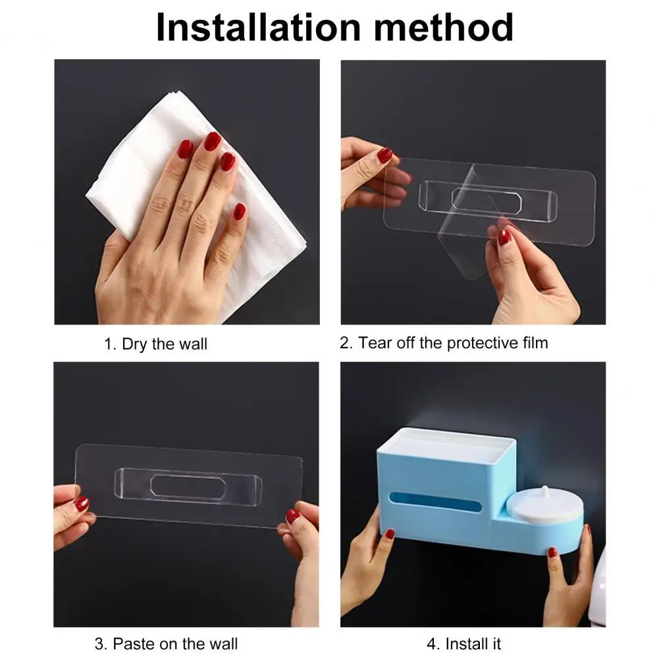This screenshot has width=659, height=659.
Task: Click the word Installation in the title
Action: [x=258, y=27]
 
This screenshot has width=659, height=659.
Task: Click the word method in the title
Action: [x=444, y=27]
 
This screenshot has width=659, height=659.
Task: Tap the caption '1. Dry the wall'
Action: [x=155, y=344]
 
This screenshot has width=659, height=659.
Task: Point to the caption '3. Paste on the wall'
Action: [x=166, y=643]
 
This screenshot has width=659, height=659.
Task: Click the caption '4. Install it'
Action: [x=463, y=643]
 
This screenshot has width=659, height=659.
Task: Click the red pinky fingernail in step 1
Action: [x=239, y=211]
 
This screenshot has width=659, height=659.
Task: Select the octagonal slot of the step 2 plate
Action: [x=487, y=201]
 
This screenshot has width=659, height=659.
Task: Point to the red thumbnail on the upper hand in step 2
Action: [x=384, y=155]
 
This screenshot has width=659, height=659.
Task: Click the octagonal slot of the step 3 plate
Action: [x=188, y=488]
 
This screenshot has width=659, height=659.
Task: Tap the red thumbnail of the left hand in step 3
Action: [x=82, y=504]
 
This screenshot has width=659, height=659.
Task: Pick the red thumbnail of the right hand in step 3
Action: [x=292, y=516]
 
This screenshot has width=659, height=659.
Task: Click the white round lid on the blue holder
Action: [x=544, y=504]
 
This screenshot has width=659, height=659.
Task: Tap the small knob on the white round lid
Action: [x=544, y=490]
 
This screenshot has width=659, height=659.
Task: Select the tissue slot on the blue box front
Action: [x=435, y=502]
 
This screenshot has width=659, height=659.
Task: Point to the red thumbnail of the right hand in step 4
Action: [x=552, y=552]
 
